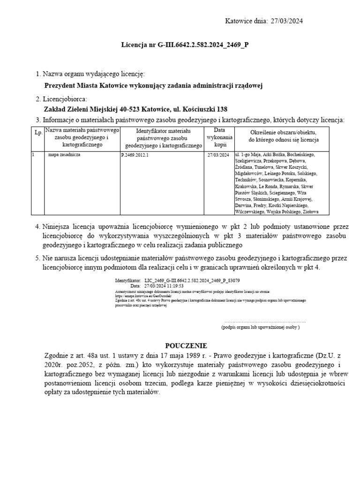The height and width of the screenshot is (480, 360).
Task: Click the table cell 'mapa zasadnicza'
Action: point(65,154)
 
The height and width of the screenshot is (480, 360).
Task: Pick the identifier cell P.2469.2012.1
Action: point(135,155)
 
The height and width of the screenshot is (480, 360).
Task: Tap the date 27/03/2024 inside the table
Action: point(218,155)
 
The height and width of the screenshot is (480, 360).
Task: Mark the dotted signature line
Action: point(265,322)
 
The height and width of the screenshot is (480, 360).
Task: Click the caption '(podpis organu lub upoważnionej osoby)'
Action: point(260,327)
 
